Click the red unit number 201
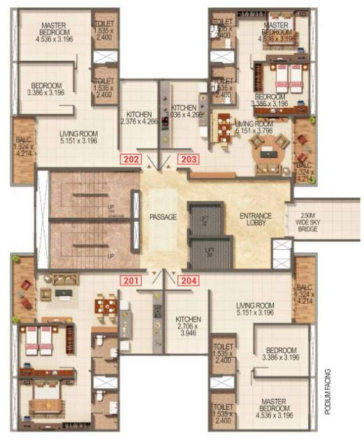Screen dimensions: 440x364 pyautogui.click(x=131, y=281)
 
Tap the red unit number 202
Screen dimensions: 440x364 pyautogui.click(x=131, y=158)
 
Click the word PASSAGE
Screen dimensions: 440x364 pyautogui.click(x=163, y=217)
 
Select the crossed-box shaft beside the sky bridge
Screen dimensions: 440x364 pyautogui.click(x=282, y=251)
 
